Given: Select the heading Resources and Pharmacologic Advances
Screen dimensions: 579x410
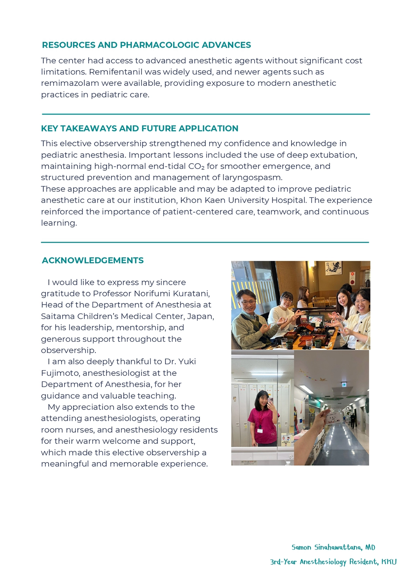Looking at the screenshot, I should tap(146, 45).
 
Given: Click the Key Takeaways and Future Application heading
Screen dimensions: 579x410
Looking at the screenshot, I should tap(139, 128).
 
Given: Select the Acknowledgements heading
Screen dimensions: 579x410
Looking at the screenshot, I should tap(93, 260).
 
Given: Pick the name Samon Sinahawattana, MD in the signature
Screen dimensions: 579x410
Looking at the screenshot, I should tap(333, 547).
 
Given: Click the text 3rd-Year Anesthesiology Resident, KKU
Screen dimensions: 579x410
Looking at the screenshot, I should tap(333, 562).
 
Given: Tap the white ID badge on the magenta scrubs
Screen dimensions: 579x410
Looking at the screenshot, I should tap(260, 429).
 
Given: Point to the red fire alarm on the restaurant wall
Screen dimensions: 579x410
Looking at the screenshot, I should tap(353, 275).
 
